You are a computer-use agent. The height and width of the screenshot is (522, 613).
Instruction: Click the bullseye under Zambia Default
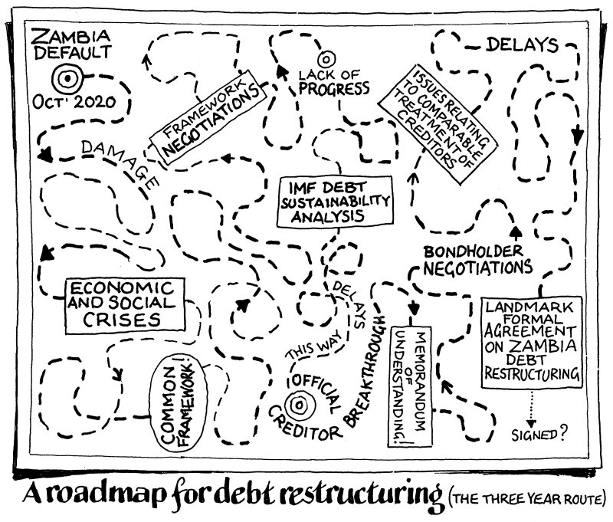point(66,77)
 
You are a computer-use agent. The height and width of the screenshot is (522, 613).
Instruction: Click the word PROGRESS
point(334,88)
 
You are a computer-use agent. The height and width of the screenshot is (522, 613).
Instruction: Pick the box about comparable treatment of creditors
point(442,122)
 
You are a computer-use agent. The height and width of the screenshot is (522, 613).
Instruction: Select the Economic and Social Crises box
point(124,304)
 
